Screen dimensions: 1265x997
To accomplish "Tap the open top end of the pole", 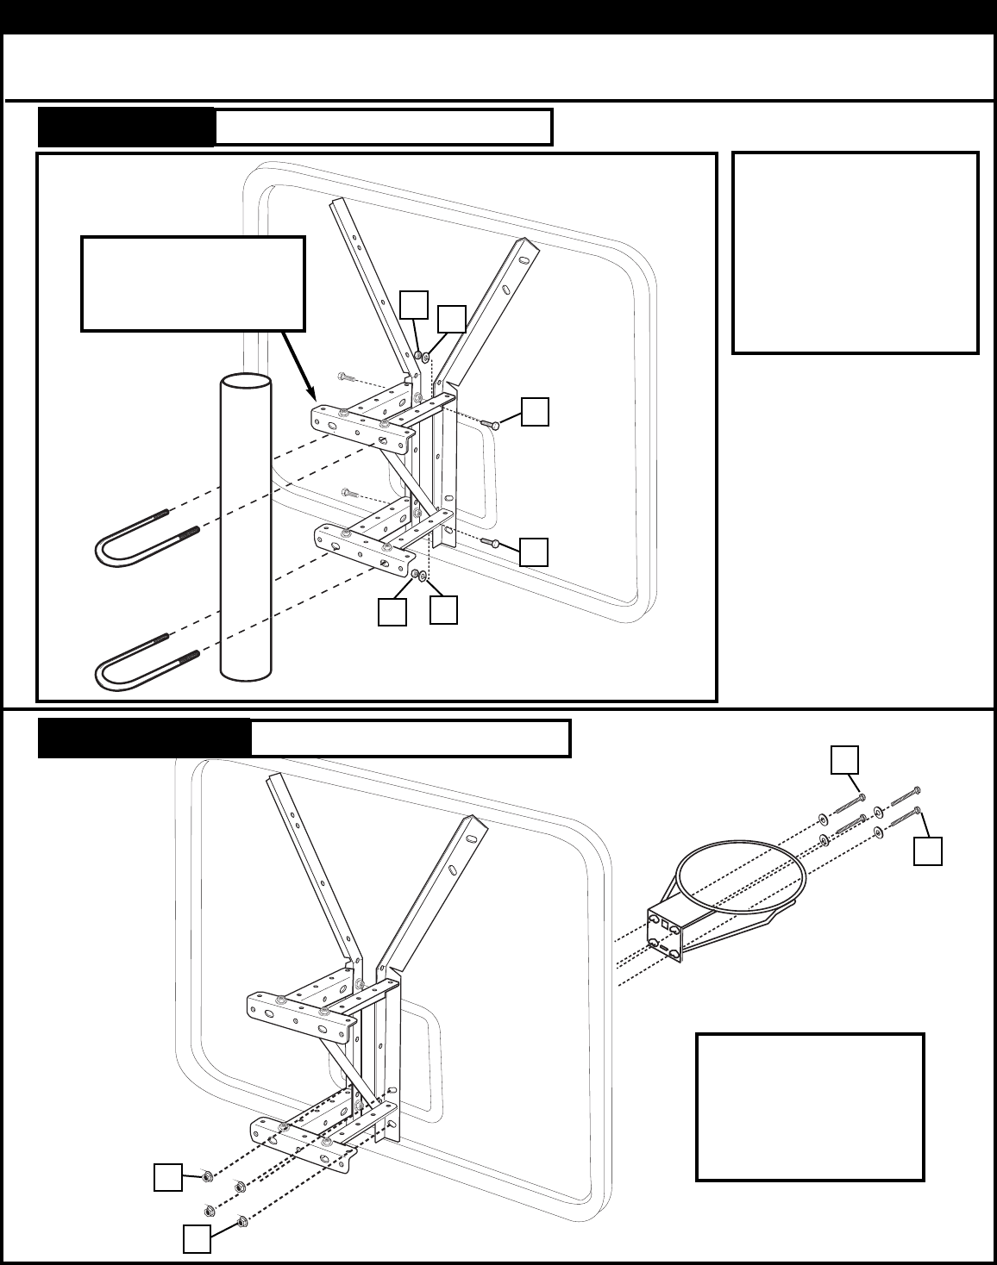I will pos(245,383).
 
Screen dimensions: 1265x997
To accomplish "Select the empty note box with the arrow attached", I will pos(192,284).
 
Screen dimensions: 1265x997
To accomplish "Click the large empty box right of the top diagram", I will pos(855,252).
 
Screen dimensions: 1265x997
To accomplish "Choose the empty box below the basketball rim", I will pos(810,1106).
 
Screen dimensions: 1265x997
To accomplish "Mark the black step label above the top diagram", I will pos(126,128).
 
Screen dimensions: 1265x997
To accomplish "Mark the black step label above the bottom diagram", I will pos(144,738).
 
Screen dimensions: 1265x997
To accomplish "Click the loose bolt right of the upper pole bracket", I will pos(490,423).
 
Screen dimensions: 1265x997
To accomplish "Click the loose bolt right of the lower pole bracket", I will pos(490,542).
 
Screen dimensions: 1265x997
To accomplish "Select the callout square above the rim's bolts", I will pos(843,759).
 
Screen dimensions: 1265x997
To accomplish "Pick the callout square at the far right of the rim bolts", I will pos(927,851).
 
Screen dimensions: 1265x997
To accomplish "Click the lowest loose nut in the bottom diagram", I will pos(242,1220).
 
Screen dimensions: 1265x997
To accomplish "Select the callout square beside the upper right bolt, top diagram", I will pos(535,411).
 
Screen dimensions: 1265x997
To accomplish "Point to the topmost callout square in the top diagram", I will pos(414,303).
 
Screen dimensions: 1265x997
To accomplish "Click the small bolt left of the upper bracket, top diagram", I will pos(346,377).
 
